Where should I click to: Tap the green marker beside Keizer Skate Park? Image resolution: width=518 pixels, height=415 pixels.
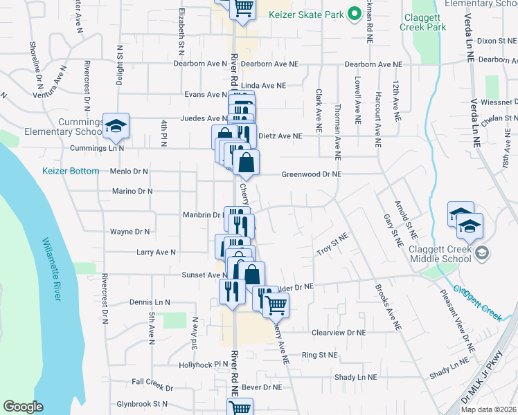pos(354,14)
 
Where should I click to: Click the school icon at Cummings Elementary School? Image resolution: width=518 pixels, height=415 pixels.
pos(116,125)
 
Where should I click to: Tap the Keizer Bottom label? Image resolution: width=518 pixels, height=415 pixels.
pos(71,171)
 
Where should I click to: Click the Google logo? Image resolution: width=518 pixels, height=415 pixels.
pos(23,407)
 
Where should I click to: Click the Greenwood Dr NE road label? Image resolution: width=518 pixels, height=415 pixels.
pos(311,175)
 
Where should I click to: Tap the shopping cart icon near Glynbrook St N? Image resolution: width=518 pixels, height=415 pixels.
pos(240,409)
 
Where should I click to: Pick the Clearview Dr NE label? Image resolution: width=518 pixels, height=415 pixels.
pos(338,333)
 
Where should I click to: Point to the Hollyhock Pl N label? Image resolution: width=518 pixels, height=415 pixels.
pos(203,365)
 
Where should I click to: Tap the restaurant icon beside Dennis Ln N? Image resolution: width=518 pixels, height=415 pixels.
pos(231,290)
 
